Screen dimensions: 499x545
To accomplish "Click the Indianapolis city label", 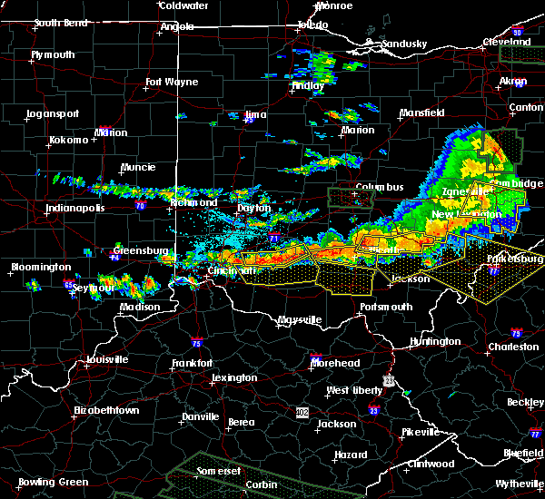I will pyautogui.click(x=75, y=208).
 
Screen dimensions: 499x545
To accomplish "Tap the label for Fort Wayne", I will pyautogui.click(x=172, y=83).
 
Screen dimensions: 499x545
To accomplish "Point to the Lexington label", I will pyautogui.click(x=235, y=377).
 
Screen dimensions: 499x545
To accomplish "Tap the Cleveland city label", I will pyautogui.click(x=506, y=42).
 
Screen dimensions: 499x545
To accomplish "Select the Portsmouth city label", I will pyautogui.click(x=386, y=307).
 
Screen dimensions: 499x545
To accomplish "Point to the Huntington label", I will pyautogui.click(x=434, y=342).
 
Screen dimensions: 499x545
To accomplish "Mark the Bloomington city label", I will pyautogui.click(x=41, y=268).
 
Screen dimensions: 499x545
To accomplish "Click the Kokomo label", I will pyautogui.click(x=69, y=140).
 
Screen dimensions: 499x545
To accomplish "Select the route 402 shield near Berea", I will pyautogui.click(x=302, y=412).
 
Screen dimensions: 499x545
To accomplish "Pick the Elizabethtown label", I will pyautogui.click(x=107, y=410).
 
